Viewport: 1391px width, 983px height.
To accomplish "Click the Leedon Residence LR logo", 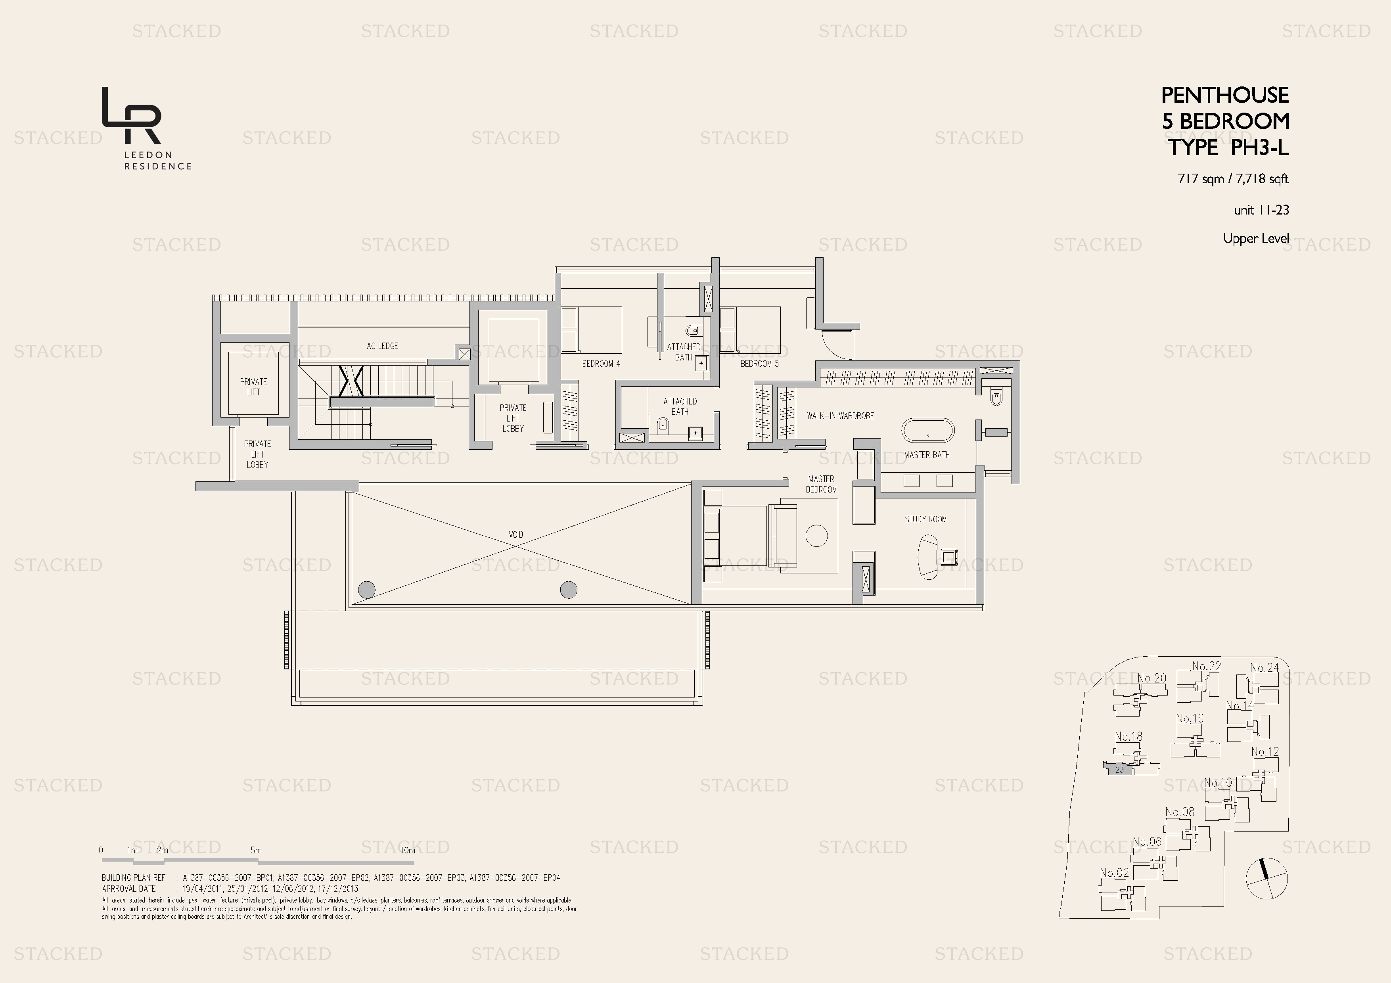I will click(132, 115).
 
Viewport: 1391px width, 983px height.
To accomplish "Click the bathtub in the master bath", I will click(927, 431).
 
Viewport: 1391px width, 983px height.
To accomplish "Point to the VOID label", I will click(515, 534).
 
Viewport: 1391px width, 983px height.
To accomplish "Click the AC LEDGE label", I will click(382, 346).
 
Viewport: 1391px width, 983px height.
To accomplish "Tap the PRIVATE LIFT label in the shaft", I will click(253, 386).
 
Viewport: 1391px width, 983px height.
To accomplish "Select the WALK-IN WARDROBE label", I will click(840, 416).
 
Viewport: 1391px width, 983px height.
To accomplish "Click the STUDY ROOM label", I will click(925, 519).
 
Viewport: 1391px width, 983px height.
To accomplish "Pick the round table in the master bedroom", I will click(816, 536).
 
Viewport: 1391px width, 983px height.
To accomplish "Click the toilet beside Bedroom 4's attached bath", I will click(692, 331).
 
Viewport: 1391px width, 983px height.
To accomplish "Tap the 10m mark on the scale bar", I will click(408, 850).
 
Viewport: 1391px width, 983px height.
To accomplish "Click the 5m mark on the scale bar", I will click(256, 850).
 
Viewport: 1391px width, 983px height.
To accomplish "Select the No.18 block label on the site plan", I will click(1128, 736).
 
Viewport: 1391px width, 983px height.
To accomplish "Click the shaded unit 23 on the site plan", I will click(1119, 770).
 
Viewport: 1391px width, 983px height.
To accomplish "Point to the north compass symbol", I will click(1266, 878).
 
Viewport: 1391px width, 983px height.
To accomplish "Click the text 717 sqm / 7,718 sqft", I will click(1232, 179).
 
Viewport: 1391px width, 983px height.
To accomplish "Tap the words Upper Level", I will click(1255, 239).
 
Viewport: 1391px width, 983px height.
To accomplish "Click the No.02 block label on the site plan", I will click(1114, 873).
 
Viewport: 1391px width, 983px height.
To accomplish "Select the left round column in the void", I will click(366, 589).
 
